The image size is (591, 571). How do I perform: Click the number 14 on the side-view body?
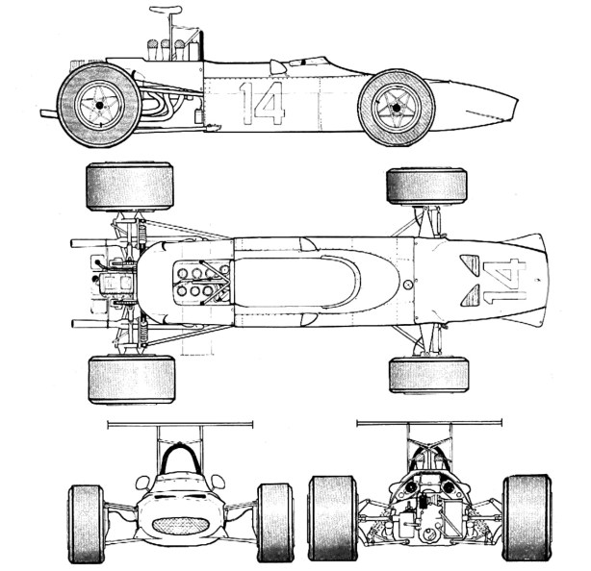tap(262, 104)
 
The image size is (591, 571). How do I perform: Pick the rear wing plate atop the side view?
tap(165, 10)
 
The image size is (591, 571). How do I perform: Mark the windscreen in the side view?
tap(279, 66)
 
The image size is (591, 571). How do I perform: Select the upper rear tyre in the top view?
tap(129, 186)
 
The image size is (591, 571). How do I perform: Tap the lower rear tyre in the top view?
tap(131, 379)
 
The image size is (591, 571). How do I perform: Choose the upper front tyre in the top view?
tap(427, 186)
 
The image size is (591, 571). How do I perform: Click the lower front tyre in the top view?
tap(428, 375)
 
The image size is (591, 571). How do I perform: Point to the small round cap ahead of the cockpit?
tap(408, 285)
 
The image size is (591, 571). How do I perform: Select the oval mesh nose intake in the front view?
tap(180, 526)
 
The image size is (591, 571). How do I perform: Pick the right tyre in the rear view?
tap(526, 516)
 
